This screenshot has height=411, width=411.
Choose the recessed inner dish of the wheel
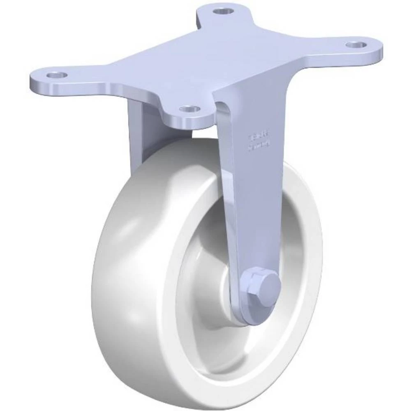click(288, 230)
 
